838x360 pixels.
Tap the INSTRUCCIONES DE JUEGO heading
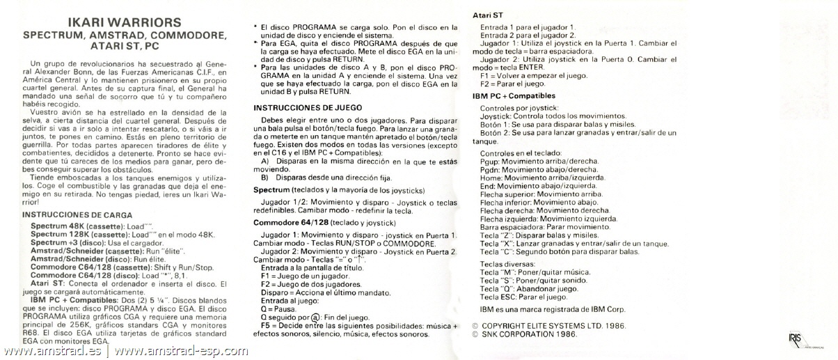306,108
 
